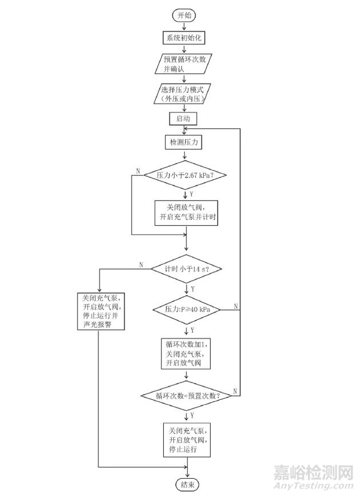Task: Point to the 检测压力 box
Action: (x=184, y=141)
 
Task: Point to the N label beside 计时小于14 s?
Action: (x=140, y=264)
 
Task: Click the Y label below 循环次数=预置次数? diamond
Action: (x=192, y=414)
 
